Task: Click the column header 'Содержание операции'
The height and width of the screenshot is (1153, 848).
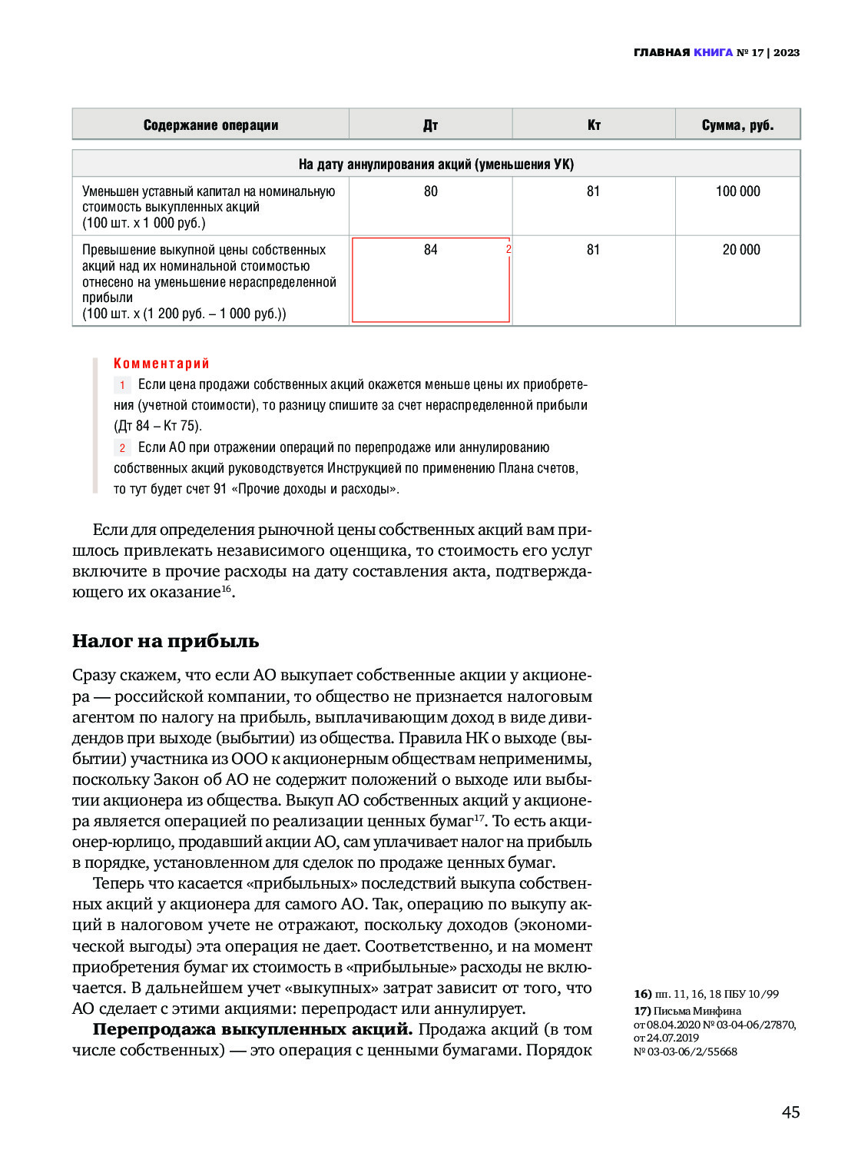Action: (210, 125)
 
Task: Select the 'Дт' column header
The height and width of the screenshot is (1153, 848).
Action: (430, 125)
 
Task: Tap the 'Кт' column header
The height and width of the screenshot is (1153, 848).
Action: (594, 125)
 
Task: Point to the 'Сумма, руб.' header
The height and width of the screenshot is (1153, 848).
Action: (737, 125)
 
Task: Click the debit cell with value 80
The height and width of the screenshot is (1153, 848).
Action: (430, 191)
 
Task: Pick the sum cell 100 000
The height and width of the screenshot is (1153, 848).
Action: (737, 191)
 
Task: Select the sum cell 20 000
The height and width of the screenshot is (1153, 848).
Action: (740, 250)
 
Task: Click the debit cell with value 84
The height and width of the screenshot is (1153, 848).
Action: (430, 250)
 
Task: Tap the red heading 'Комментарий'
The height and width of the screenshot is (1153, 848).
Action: (161, 364)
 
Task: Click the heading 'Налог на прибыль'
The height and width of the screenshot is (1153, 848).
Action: (165, 641)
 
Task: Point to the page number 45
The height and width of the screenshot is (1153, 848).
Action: (790, 1112)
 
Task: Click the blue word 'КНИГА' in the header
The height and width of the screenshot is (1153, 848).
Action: (713, 52)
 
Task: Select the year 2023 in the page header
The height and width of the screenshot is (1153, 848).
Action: (787, 52)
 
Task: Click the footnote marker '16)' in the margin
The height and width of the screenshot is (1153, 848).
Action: (642, 994)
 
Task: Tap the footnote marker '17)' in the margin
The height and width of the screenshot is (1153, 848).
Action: (642, 1011)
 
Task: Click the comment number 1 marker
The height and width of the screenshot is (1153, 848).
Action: (122, 385)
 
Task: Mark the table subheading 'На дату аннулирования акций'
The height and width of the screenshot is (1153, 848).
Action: (436, 164)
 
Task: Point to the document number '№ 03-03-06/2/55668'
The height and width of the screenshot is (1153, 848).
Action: (685, 1052)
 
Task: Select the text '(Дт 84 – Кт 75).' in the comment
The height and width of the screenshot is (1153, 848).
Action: (157, 426)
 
